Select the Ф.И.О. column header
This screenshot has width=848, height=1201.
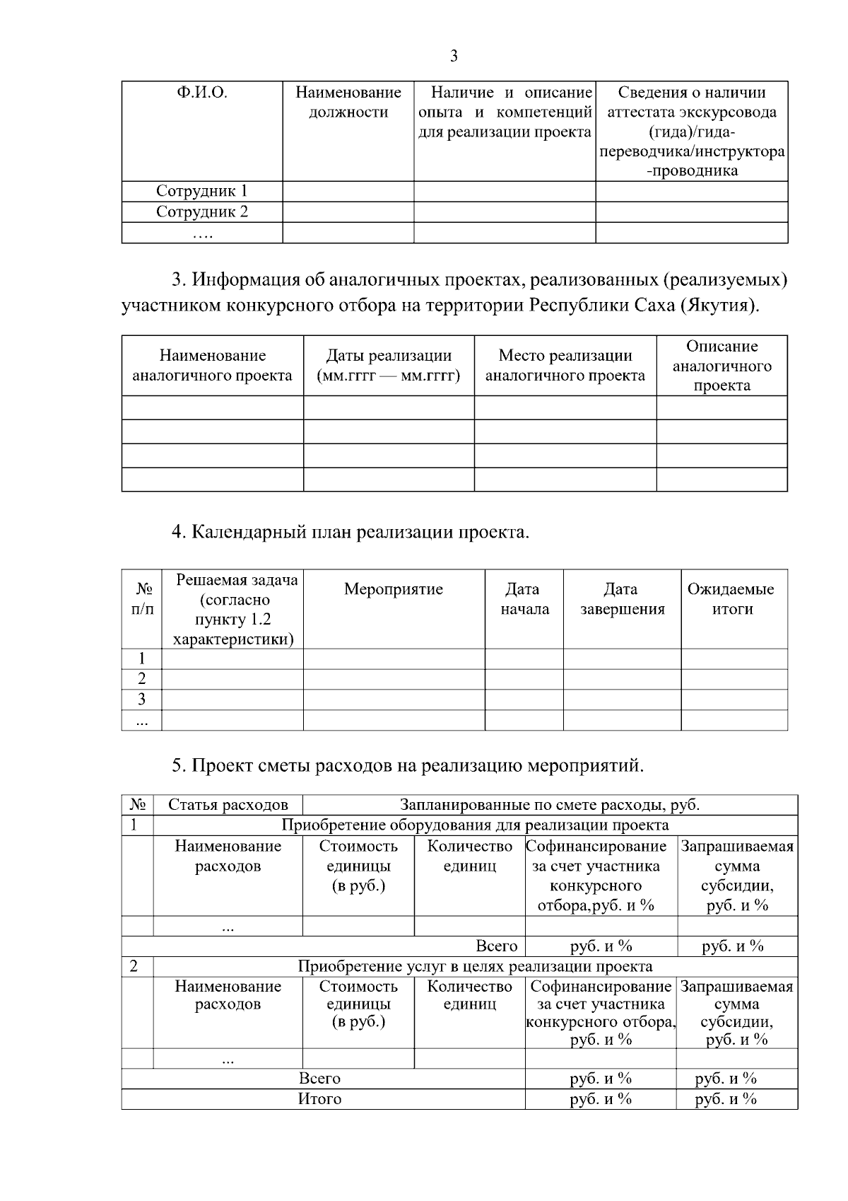pyautogui.click(x=201, y=93)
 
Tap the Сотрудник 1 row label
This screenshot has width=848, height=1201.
pyautogui.click(x=201, y=191)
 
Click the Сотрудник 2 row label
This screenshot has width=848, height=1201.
pyautogui.click(x=201, y=211)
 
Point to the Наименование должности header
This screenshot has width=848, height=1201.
pyautogui.click(x=348, y=103)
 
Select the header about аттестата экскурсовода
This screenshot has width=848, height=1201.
pyautogui.click(x=692, y=131)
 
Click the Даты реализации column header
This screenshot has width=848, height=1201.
pyautogui.click(x=389, y=366)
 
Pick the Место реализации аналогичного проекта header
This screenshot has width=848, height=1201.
pyautogui.click(x=565, y=366)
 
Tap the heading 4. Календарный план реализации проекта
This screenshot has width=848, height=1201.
pyautogui.click(x=350, y=532)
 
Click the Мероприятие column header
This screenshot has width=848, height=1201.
pyautogui.click(x=394, y=589)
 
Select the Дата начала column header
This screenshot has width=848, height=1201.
pyautogui.click(x=524, y=599)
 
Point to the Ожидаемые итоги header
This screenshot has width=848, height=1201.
pyautogui.click(x=731, y=599)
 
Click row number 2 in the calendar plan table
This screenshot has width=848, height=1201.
pyautogui.click(x=141, y=679)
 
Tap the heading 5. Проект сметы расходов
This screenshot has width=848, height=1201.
pyautogui.click(x=408, y=765)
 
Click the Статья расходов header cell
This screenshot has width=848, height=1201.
pyautogui.click(x=228, y=804)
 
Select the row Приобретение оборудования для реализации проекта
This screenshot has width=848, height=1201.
pyautogui.click(x=475, y=825)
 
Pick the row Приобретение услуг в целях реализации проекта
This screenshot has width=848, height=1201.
pyautogui.click(x=475, y=966)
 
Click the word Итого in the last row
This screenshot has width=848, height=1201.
pyautogui.click(x=319, y=1098)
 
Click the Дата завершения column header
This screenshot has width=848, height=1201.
pyautogui.click(x=622, y=599)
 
